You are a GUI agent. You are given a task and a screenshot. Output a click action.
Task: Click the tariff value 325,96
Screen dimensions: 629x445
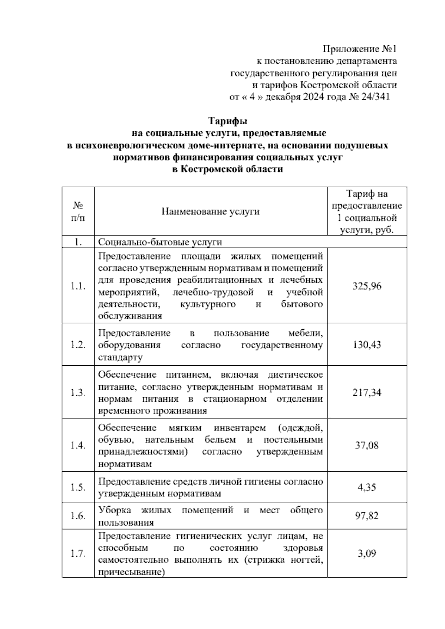(x=367, y=286)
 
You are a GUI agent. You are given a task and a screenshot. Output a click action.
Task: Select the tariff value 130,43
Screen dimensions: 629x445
(x=367, y=345)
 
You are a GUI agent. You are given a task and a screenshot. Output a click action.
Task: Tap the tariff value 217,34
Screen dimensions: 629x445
(x=367, y=392)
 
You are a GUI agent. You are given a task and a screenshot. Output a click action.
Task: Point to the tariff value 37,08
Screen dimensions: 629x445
(x=367, y=445)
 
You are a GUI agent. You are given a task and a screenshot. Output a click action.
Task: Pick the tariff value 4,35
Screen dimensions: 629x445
(x=367, y=487)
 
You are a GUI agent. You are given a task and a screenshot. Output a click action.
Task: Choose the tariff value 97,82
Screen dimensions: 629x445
(x=367, y=516)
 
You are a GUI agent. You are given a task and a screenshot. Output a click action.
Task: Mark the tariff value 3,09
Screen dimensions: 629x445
(x=367, y=553)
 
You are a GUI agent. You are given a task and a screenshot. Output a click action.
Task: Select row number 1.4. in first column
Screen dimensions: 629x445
(x=78, y=445)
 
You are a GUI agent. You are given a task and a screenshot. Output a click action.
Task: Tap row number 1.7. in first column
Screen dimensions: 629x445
(x=78, y=554)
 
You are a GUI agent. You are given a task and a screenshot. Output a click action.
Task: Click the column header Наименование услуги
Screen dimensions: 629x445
(x=210, y=212)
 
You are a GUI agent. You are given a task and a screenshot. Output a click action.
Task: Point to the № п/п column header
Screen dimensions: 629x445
(x=78, y=211)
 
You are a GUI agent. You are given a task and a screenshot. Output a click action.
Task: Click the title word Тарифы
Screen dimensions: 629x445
(x=227, y=121)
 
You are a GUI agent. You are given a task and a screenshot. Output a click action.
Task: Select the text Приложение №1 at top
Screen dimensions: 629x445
(x=360, y=49)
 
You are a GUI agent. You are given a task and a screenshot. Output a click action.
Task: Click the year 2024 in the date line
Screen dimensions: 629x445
(x=313, y=97)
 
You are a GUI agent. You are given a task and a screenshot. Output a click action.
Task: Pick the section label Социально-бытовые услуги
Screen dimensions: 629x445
(x=160, y=242)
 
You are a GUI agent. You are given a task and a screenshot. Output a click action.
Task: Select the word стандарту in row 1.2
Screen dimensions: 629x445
(x=120, y=358)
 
